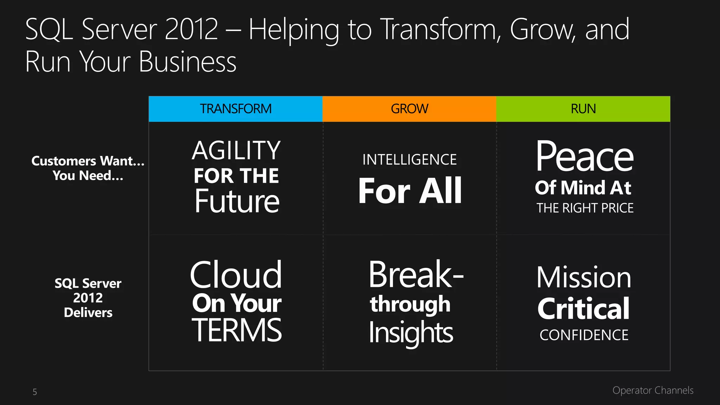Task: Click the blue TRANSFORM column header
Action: pyautogui.click(x=236, y=109)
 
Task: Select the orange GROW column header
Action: pyautogui.click(x=409, y=109)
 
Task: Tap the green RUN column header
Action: pyautogui.click(x=583, y=109)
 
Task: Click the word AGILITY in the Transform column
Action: pyautogui.click(x=236, y=150)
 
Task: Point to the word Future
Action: pyautogui.click(x=237, y=201)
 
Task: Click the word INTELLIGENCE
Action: pyautogui.click(x=410, y=160)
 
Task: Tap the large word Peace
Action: pyautogui.click(x=584, y=156)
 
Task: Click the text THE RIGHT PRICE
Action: pyautogui.click(x=585, y=208)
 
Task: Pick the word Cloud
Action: pyautogui.click(x=236, y=275)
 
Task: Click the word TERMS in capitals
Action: pyautogui.click(x=237, y=330)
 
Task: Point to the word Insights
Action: pyautogui.click(x=411, y=333)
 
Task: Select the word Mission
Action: pyautogui.click(x=584, y=278)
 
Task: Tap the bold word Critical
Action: pyautogui.click(x=584, y=309)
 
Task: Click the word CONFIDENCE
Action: pyautogui.click(x=584, y=335)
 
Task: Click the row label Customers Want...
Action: pyautogui.click(x=88, y=161)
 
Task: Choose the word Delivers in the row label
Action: pyautogui.click(x=88, y=313)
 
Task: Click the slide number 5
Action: pyautogui.click(x=35, y=392)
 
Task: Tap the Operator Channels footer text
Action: pyautogui.click(x=653, y=390)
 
